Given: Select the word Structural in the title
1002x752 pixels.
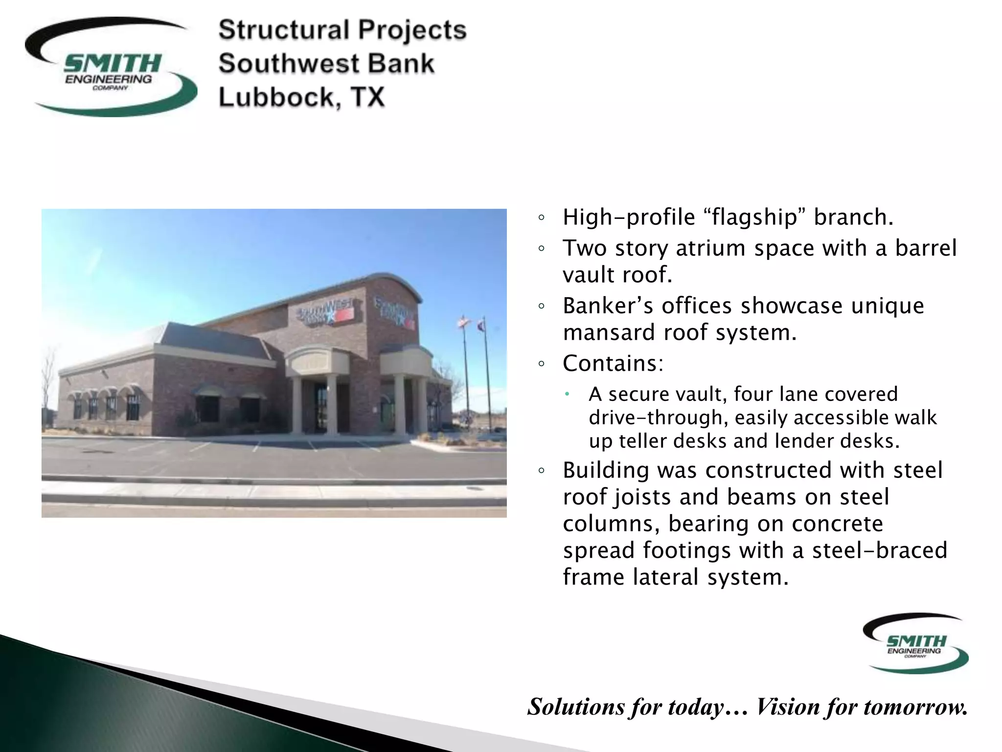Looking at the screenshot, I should (283, 30).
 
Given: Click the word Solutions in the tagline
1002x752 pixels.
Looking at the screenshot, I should (577, 706).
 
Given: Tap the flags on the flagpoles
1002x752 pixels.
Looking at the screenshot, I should (471, 323).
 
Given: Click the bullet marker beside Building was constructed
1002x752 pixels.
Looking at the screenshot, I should (541, 471).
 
